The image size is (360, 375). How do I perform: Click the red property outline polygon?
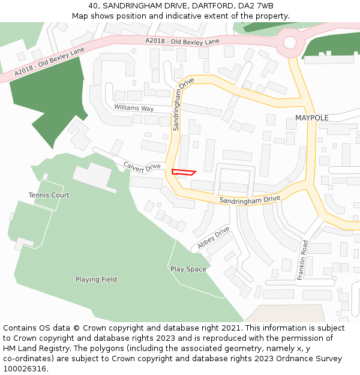tap(183, 172)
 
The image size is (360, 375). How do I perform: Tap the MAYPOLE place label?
tap(311, 118)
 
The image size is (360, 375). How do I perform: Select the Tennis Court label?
tap(49, 195)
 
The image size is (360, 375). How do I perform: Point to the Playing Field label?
tap(96, 280)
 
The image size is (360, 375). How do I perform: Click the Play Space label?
tap(188, 269)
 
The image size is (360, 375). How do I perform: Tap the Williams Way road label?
tap(134, 109)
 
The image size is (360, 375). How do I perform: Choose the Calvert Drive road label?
tap(142, 166)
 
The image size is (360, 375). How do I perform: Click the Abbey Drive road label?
tap(214, 238)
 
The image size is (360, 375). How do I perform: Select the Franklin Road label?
tap(303, 260)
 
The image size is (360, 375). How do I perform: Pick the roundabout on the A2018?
tap(290, 43)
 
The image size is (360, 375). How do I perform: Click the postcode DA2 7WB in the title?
tap(257, 6)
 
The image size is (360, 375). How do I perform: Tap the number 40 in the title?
tap(93, 6)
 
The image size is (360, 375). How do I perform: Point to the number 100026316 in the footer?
tap(23, 368)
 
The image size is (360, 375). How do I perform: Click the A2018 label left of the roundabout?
tap(182, 41)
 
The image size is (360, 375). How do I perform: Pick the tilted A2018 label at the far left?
tap(50, 62)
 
